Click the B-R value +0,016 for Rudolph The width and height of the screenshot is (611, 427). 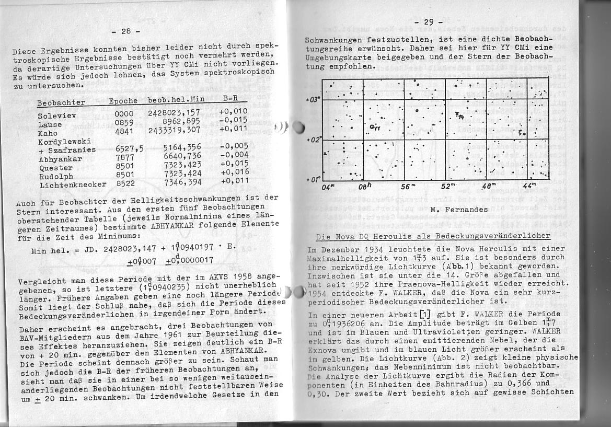pyautogui.click(x=234, y=171)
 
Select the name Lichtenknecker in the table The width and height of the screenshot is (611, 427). pyautogui.click(x=73, y=184)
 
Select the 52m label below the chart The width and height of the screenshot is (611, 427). pyautogui.click(x=447, y=186)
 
